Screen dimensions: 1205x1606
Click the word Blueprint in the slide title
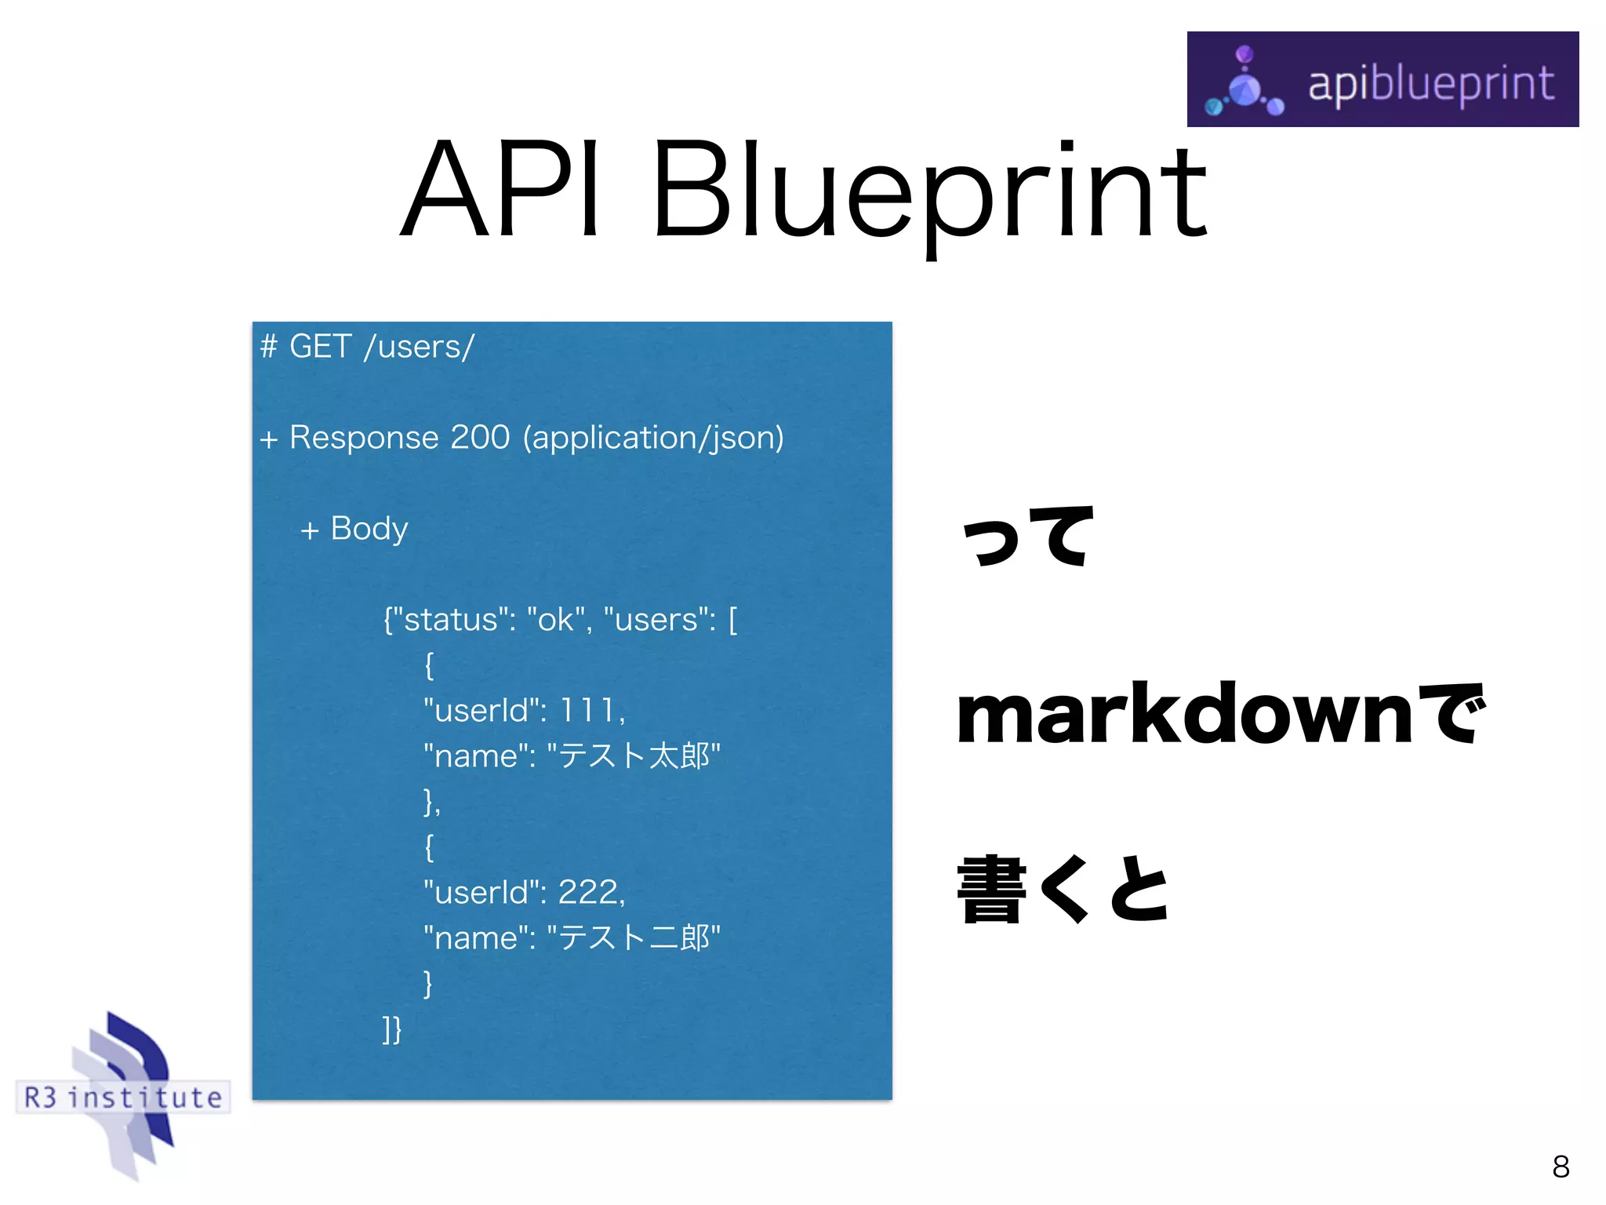(x=928, y=192)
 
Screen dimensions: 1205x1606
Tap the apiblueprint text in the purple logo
(x=1430, y=84)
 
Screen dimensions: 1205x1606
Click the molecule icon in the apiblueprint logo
(x=1245, y=85)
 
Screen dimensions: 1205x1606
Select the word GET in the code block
(x=320, y=347)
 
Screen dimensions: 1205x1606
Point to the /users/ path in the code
(x=419, y=347)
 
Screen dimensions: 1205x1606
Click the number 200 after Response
(x=480, y=437)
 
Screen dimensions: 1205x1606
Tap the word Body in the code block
(x=369, y=529)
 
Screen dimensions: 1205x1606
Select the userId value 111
(x=587, y=711)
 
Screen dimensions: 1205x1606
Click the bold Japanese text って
(x=1027, y=537)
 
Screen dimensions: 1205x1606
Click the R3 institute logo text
(x=123, y=1097)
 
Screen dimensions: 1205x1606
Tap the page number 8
(x=1560, y=1167)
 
